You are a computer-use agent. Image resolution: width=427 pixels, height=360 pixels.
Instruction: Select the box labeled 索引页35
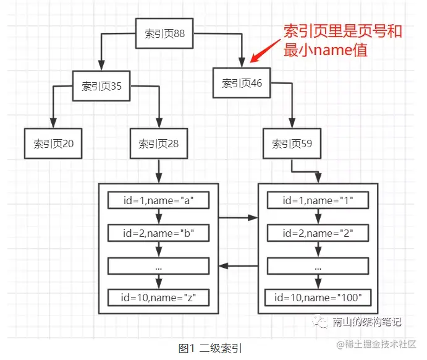click(x=102, y=87)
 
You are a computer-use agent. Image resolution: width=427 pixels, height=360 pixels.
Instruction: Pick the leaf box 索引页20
click(x=53, y=144)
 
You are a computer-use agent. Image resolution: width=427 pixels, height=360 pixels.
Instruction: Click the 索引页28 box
click(x=159, y=144)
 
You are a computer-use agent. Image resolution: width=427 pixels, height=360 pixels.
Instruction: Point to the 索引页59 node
click(x=292, y=144)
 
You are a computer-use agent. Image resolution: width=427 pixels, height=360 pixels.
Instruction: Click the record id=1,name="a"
click(x=159, y=200)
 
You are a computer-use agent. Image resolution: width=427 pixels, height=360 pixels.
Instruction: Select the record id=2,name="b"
click(x=159, y=233)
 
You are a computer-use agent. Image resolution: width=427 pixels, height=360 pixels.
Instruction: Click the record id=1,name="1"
click(x=318, y=200)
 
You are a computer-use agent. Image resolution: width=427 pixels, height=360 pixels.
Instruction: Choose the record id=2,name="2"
click(x=318, y=233)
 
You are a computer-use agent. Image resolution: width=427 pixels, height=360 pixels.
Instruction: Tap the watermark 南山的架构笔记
click(x=366, y=322)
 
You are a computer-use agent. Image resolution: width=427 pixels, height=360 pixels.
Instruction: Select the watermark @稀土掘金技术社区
click(x=378, y=344)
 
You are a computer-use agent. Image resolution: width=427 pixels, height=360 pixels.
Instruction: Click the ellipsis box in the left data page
click(x=159, y=266)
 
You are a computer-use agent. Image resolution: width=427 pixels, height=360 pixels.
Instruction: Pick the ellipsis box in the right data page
click(x=318, y=266)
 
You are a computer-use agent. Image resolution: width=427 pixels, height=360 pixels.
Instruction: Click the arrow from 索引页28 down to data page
click(x=159, y=170)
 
